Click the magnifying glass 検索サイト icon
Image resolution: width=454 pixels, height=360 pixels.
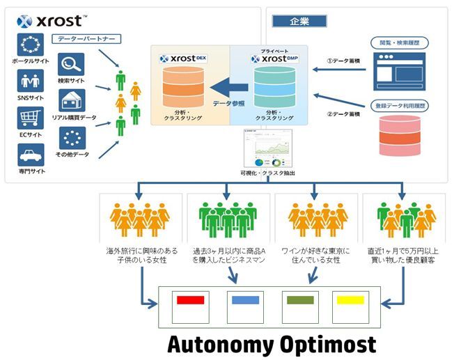pyautogui.click(x=72, y=65)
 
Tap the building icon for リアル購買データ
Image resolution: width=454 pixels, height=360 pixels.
pyautogui.click(x=72, y=102)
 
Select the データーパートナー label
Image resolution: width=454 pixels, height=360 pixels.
pyautogui.click(x=86, y=39)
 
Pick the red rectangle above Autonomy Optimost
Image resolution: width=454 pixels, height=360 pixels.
pyautogui.click(x=190, y=300)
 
